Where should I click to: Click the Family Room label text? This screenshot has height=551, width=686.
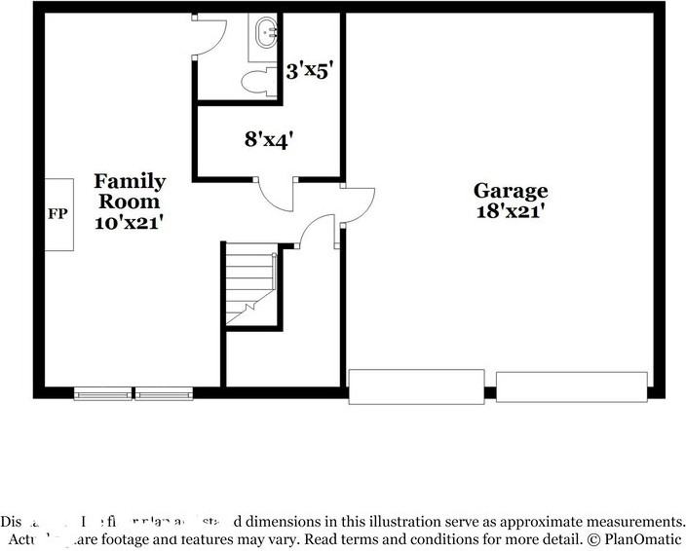pos(130,191)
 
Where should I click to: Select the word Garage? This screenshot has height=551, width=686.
pos(511,191)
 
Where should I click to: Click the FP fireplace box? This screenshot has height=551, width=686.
pos(58,214)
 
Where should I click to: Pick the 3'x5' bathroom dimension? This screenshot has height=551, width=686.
pos(311,71)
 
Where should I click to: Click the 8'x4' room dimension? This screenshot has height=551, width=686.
pos(269,139)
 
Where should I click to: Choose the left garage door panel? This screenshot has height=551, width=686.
pos(416,386)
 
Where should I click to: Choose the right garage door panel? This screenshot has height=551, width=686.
pos(572,386)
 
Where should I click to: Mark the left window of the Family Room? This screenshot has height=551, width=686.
pos(103,394)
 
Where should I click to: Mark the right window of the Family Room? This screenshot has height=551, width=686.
pos(164,394)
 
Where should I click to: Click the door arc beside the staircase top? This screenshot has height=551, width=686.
pos(317,232)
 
